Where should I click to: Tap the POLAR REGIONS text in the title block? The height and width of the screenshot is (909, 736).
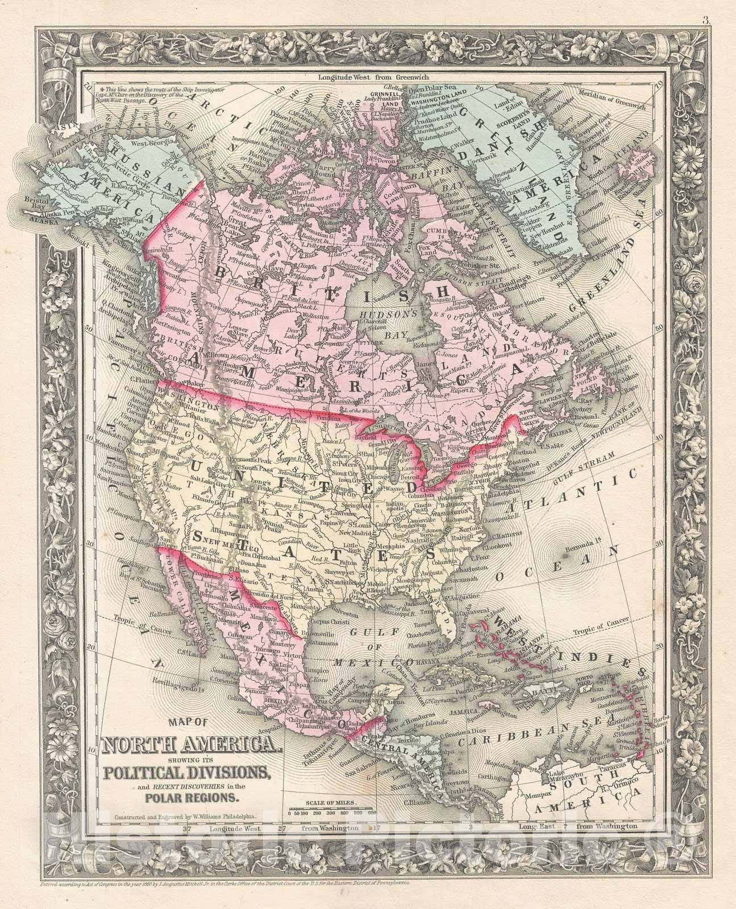coord(192,797)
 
